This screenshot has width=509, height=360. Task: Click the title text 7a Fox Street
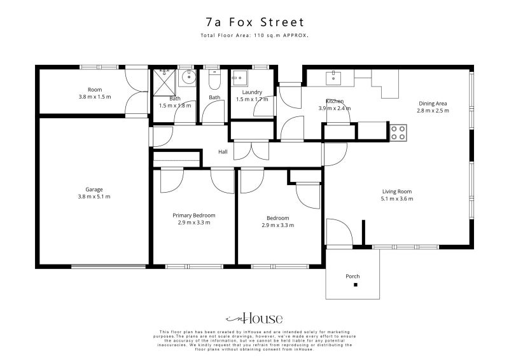tap(254, 22)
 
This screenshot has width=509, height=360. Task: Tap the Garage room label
tap(94, 189)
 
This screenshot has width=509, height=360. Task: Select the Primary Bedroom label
tap(194, 215)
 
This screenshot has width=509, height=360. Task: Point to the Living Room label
tap(397, 191)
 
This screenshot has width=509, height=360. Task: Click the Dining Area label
tap(433, 103)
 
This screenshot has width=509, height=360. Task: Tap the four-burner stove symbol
tap(398, 132)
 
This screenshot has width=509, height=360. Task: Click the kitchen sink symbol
tap(333, 78)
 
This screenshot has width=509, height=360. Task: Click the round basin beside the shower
tap(188, 78)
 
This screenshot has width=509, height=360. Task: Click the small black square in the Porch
tap(356, 284)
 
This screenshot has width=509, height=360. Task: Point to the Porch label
tap(352, 276)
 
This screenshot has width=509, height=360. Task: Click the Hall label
tap(223, 152)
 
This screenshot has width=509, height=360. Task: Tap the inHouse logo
tap(254, 319)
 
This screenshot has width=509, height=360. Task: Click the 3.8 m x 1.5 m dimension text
tap(94, 97)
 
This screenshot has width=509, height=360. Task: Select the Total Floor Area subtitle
tap(254, 36)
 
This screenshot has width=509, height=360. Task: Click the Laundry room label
tap(244, 92)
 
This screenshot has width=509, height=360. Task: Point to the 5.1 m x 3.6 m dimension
tap(397, 199)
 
